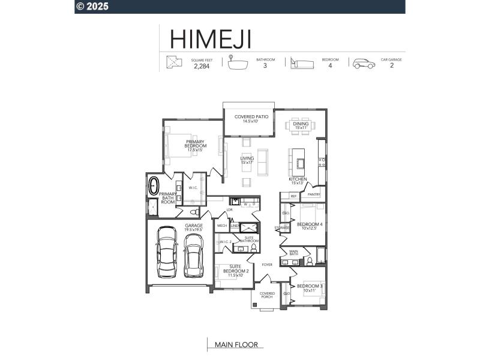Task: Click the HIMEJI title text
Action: tap(210, 38)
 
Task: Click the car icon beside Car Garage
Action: tap(364, 64)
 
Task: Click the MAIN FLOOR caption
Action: tap(236, 345)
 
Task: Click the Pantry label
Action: tap(313, 194)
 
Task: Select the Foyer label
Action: tap(267, 264)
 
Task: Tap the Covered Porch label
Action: tap(267, 295)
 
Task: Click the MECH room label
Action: tap(221, 226)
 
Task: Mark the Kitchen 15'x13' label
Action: tap(298, 181)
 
